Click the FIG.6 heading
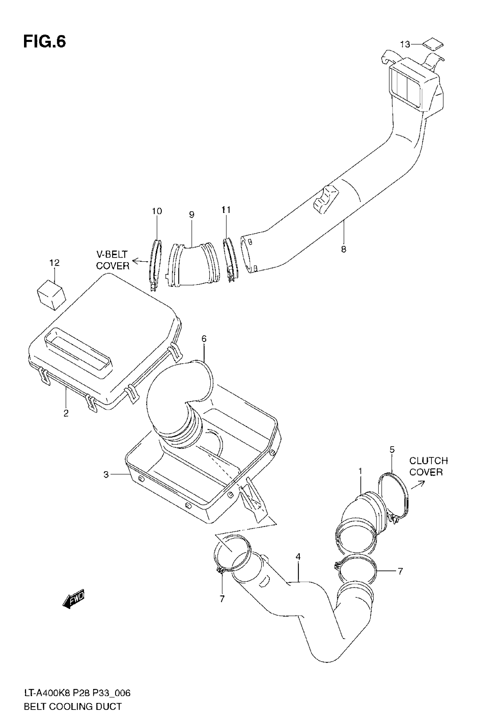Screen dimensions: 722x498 [45, 42]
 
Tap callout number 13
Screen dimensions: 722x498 [405, 45]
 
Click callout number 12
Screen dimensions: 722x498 [54, 263]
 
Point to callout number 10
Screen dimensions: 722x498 [157, 211]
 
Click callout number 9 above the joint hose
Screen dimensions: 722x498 [192, 215]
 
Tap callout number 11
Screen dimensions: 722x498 [226, 210]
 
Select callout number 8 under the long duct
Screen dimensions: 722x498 [344, 249]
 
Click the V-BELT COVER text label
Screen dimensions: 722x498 [112, 260]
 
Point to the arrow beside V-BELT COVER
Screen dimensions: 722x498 [140, 260]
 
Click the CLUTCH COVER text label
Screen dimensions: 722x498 [428, 466]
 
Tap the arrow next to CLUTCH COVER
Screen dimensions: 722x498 [418, 485]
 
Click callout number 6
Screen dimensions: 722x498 [204, 339]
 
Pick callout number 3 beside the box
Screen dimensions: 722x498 [106, 475]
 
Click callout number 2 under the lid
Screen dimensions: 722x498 [66, 413]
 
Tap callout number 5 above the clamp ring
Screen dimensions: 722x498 [392, 450]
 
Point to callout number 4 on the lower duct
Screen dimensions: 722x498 [298, 557]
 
